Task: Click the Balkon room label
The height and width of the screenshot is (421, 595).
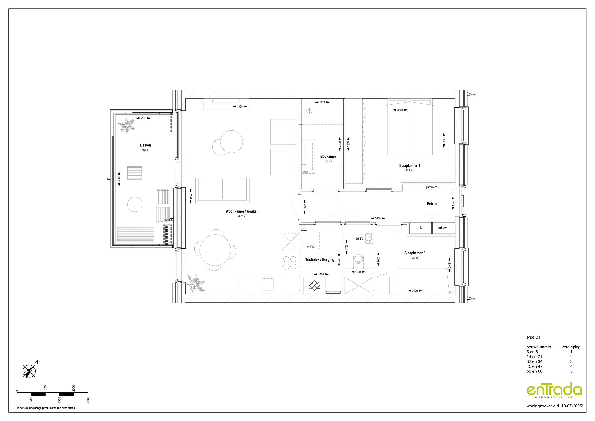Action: click(x=145, y=145)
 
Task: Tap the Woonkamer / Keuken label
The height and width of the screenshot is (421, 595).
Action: click(x=242, y=211)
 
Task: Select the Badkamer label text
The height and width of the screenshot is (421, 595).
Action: click(x=328, y=157)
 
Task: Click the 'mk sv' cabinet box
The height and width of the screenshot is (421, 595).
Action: click(x=442, y=228)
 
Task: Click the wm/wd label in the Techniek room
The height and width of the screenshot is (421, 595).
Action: click(x=310, y=246)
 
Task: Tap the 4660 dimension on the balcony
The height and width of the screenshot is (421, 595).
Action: click(x=119, y=179)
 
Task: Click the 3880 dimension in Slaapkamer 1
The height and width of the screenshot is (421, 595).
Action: click(x=400, y=110)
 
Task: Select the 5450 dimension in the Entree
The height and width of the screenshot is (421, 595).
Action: click(x=378, y=218)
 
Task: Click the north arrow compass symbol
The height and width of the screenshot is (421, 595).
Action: click(x=29, y=371)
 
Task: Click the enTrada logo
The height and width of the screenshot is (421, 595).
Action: click(x=554, y=390)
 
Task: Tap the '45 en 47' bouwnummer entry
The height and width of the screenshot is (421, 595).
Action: click(x=534, y=366)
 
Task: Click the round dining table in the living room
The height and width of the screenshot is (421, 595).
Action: click(x=215, y=250)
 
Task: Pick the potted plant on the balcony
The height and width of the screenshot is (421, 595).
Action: click(x=126, y=126)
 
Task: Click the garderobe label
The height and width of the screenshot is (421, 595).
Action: click(x=431, y=187)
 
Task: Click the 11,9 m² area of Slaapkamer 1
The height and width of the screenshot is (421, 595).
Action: click(x=410, y=170)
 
